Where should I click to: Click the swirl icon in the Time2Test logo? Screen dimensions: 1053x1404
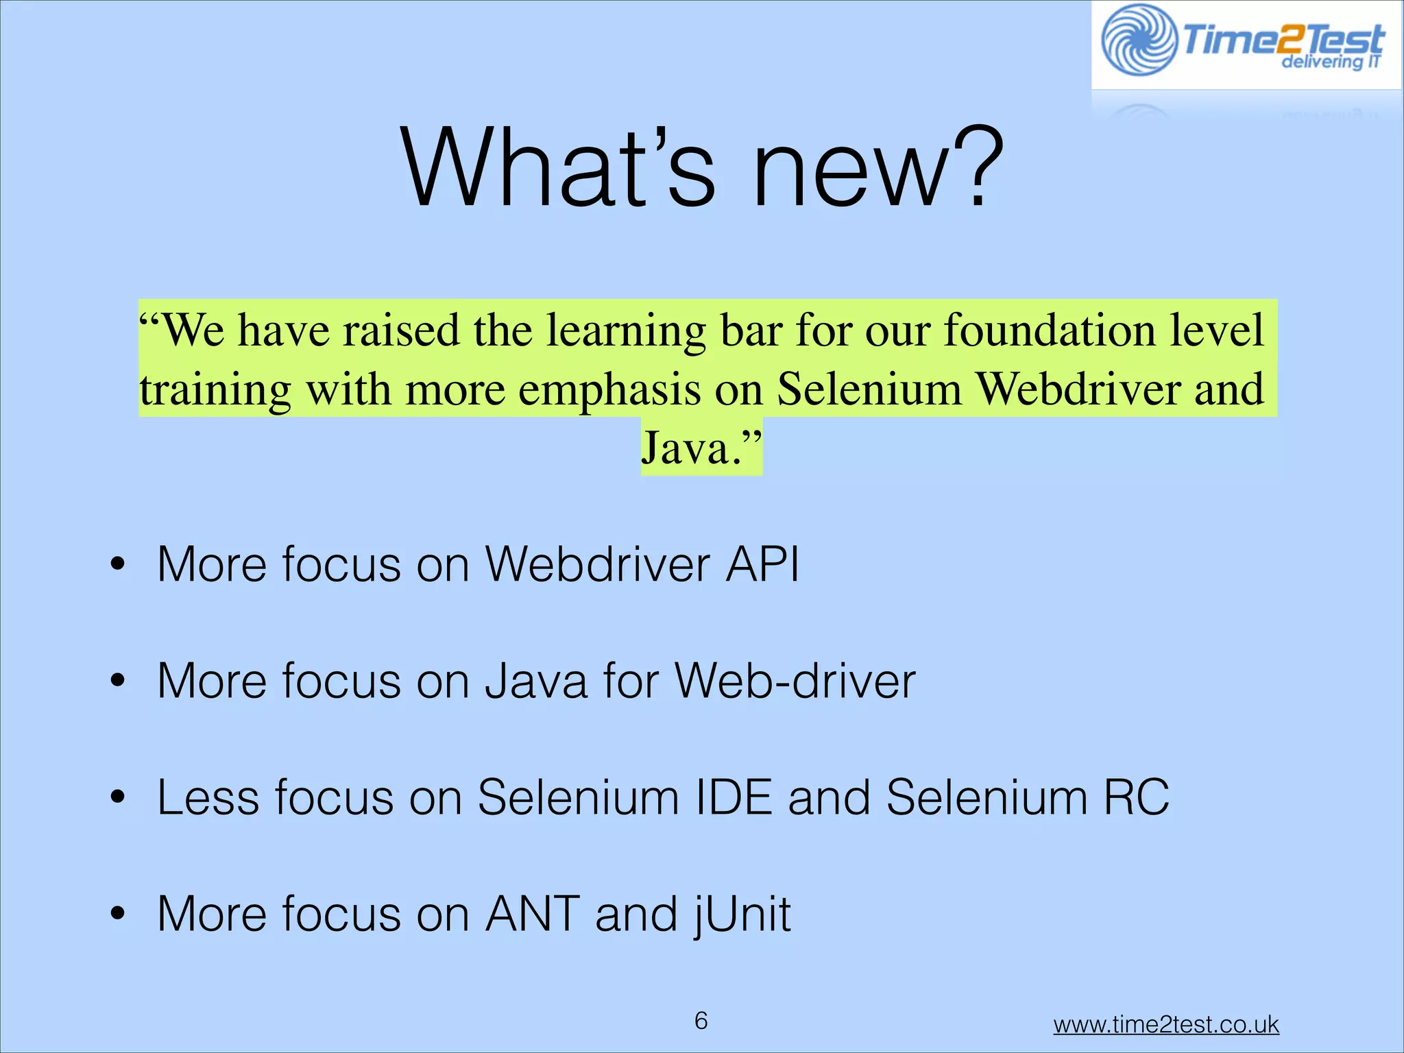point(1139,40)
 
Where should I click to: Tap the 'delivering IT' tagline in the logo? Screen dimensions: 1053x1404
point(1330,62)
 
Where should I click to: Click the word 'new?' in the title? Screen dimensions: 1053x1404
point(877,168)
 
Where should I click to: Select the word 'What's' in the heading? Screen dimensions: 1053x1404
point(558,168)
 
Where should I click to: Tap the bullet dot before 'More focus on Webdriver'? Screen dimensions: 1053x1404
point(118,564)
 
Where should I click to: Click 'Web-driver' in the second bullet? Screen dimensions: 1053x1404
point(795,681)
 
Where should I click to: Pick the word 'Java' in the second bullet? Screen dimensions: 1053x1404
point(536,681)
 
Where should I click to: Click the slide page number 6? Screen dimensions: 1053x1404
point(701,1021)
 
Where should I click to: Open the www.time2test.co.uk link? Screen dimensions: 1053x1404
point(1165,1024)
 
